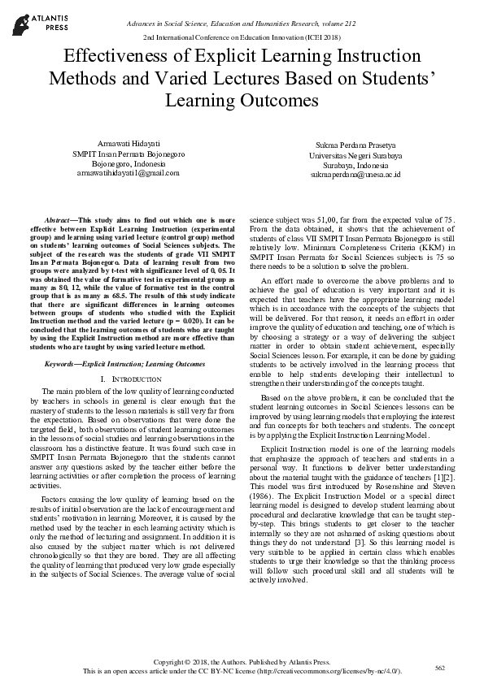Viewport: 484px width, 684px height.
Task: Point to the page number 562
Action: [440, 668]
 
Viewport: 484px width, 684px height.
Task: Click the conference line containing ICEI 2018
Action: [242, 38]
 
